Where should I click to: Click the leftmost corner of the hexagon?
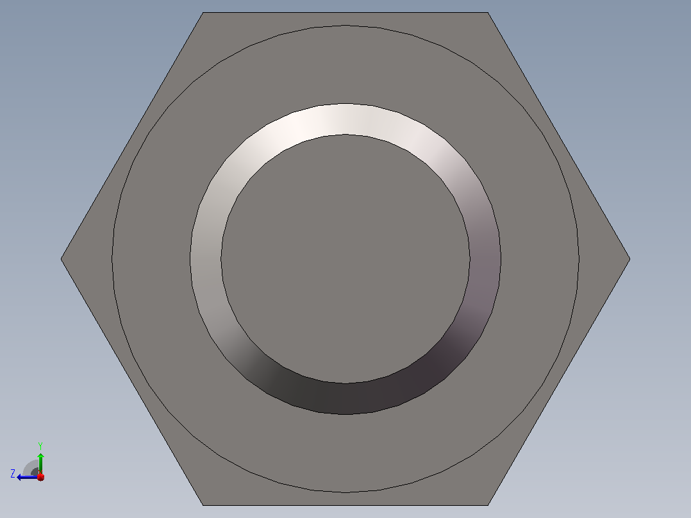coord(61,259)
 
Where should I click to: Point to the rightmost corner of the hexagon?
coord(630,259)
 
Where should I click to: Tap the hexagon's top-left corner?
coord(203,12)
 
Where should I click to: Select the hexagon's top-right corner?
coord(488,12)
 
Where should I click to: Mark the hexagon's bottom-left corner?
coord(203,505)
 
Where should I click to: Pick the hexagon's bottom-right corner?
coord(488,505)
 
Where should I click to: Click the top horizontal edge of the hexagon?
coord(345,12)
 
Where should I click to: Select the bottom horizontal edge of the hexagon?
coord(345,505)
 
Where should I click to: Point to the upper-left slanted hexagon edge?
coord(132,135)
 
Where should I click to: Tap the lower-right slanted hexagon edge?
coord(559,382)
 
